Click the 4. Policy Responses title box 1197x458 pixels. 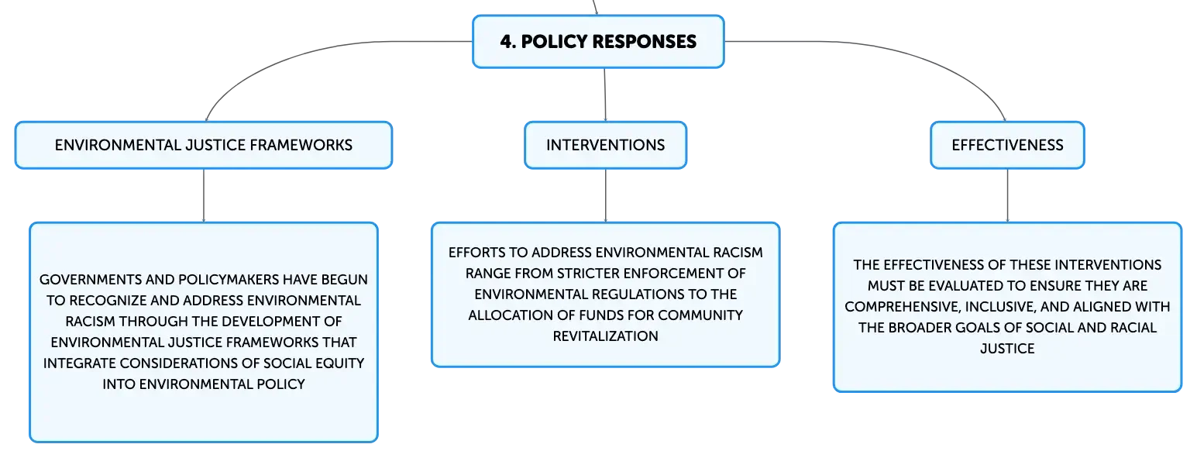click(598, 42)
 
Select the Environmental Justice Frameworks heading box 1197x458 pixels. click(204, 146)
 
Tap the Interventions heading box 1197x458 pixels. click(605, 146)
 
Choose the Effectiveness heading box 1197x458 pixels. click(1007, 146)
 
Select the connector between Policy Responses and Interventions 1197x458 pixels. click(605, 95)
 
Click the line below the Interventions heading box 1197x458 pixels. click(605, 195)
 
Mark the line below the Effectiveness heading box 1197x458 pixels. click(1007, 195)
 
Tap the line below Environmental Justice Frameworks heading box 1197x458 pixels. click(204, 195)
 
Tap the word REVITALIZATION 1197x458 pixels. click(605, 336)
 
